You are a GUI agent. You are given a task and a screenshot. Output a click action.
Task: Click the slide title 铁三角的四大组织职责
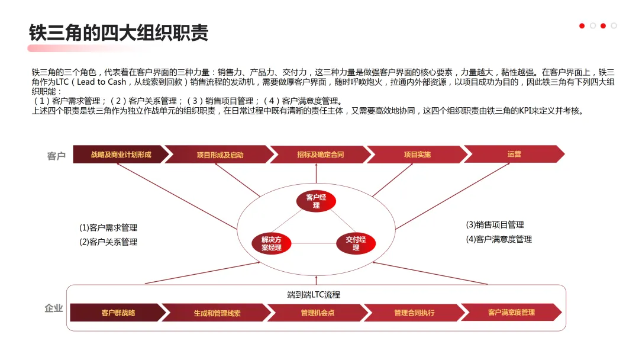tap(119, 33)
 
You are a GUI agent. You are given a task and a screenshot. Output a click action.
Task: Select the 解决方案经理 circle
tap(272, 243)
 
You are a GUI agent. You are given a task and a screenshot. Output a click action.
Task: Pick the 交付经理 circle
tap(356, 243)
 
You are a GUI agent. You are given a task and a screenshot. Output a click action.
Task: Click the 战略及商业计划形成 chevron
tap(121, 155)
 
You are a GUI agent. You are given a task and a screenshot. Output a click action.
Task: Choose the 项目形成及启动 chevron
tap(220, 155)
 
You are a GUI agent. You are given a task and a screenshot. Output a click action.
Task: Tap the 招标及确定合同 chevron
tap(320, 155)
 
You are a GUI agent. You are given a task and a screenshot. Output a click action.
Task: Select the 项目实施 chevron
tap(417, 155)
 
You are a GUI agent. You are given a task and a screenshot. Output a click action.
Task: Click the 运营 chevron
tap(514, 154)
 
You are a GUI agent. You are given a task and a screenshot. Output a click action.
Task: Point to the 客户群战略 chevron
tap(118, 313)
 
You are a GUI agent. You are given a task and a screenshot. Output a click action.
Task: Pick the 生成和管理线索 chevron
tap(217, 313)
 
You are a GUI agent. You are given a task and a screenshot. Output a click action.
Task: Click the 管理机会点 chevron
tap(317, 313)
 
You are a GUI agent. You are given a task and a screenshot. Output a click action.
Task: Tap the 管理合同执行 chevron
tap(414, 313)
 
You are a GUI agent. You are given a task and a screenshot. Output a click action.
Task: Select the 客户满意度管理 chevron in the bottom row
tap(511, 312)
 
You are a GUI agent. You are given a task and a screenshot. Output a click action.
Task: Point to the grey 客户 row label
tap(56, 156)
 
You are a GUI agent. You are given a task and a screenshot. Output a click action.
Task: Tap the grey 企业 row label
tap(54, 308)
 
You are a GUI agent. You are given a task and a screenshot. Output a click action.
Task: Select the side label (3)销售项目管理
tap(495, 224)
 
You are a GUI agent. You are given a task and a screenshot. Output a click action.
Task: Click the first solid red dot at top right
tap(582, 25)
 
